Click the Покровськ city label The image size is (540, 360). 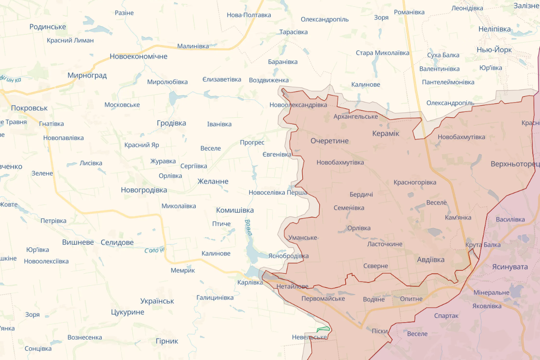tap(29, 108)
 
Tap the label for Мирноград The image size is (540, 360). tap(87, 75)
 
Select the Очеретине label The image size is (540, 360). tap(329, 141)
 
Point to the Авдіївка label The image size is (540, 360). tap(431, 259)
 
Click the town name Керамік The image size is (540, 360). tap(386, 133)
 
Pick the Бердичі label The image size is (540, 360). tap(361, 194)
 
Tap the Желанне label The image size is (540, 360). tap(213, 181)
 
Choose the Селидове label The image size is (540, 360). tap(117, 242)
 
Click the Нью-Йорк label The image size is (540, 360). tap(494, 50)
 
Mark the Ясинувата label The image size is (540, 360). tap(509, 266)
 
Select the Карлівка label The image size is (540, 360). tap(250, 282)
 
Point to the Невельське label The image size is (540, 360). tap(309, 337)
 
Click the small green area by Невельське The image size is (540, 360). tap(323, 329)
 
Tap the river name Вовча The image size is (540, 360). tap(248, 227)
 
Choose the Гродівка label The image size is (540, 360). tap(171, 123)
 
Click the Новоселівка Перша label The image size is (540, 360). tap(278, 192)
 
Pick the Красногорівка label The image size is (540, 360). tap(415, 182)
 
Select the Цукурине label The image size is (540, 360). tap(127, 312)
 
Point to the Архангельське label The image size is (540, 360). tap(355, 116)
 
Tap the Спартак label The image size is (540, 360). tap(446, 316)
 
